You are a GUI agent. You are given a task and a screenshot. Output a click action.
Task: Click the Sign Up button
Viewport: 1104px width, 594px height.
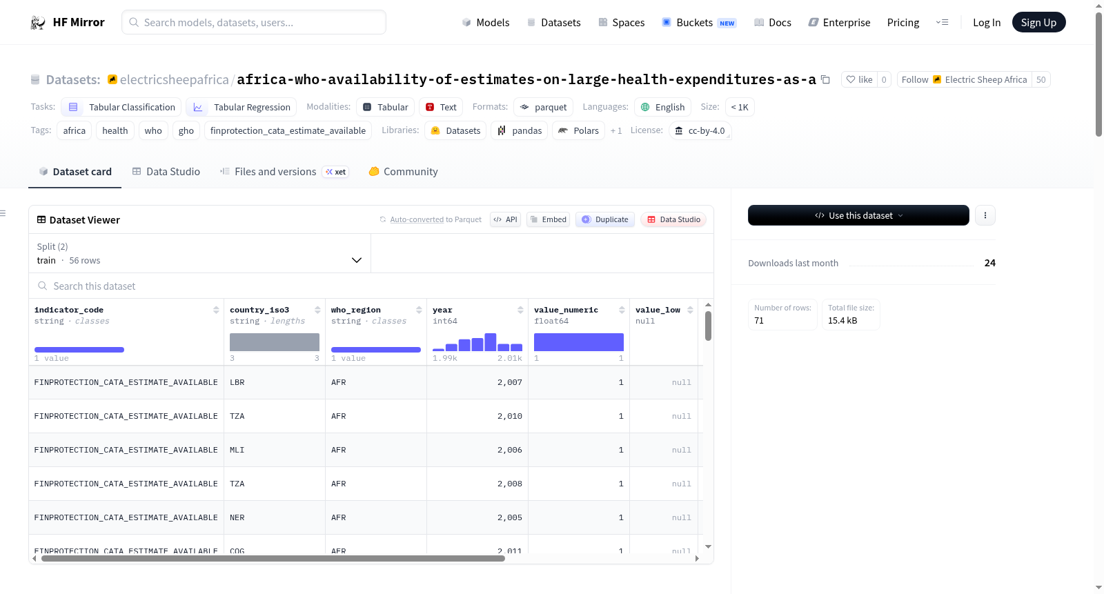pyautogui.click(x=1038, y=22)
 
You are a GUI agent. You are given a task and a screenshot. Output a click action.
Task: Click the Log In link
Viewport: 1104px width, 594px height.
pyautogui.click(x=986, y=22)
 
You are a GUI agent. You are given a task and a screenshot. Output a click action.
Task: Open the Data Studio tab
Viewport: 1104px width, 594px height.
pyautogui.click(x=166, y=172)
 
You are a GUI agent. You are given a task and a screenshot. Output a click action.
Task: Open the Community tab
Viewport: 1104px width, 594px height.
pyautogui.click(x=403, y=172)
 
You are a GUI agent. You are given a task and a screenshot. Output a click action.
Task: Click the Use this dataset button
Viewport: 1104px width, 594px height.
pyautogui.click(x=858, y=215)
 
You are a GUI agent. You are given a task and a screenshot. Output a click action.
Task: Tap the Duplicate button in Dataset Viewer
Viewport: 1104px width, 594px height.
pyautogui.click(x=604, y=219)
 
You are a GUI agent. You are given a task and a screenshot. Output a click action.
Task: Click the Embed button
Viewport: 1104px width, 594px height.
pyautogui.click(x=548, y=219)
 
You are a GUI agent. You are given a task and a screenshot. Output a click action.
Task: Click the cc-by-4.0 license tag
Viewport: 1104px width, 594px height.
pyautogui.click(x=700, y=130)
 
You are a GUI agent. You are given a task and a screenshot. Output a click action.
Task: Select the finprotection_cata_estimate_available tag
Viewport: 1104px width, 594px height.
pyautogui.click(x=288, y=130)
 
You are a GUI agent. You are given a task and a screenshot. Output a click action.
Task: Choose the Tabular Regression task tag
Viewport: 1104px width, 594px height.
pyautogui.click(x=241, y=107)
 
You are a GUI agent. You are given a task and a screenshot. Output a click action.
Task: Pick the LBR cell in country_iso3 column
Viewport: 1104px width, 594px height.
pyautogui.click(x=237, y=382)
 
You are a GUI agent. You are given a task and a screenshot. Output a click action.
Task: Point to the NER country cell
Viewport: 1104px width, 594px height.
pyautogui.click(x=237, y=517)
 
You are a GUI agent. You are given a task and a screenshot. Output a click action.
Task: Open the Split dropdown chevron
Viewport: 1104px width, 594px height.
pyautogui.click(x=356, y=260)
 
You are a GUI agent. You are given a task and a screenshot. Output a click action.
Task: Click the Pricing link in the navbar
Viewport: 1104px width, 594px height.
pyautogui.click(x=903, y=22)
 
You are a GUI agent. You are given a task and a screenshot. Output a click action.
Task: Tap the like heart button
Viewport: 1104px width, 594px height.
pyautogui.click(x=859, y=79)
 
